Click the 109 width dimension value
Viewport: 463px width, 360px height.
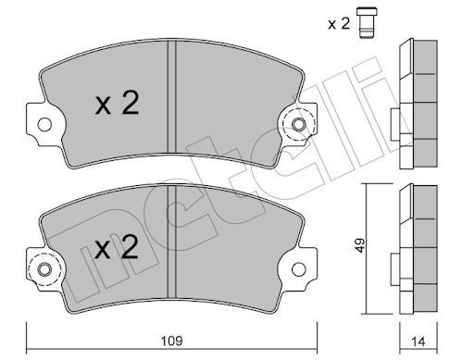(172, 341)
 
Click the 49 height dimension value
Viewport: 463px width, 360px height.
(360, 245)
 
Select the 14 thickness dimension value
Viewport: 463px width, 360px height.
(419, 341)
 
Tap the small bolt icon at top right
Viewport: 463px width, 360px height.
(367, 23)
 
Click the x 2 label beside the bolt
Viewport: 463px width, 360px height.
(339, 23)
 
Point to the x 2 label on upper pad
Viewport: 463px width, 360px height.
(117, 103)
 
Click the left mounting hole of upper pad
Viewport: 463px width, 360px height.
(44, 124)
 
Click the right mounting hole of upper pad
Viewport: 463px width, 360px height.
(299, 125)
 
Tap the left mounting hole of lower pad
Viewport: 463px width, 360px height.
(44, 269)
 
